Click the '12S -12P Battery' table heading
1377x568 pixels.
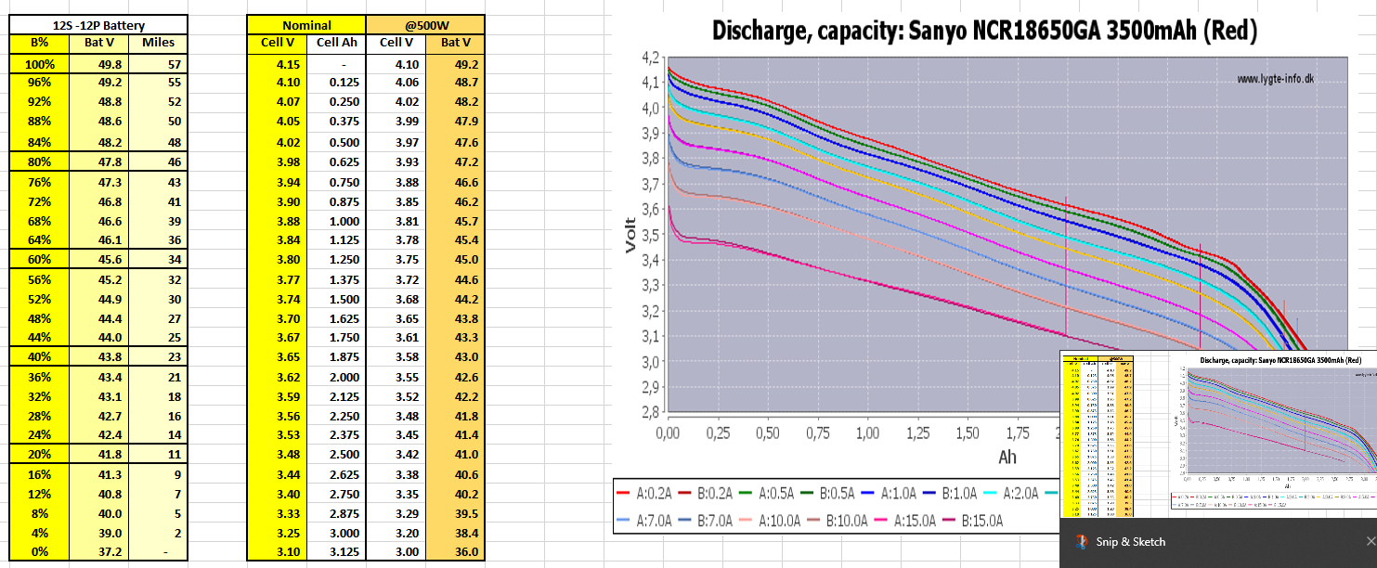[x=98, y=26]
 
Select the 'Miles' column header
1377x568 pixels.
[x=158, y=43]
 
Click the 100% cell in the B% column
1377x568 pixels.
[x=40, y=65]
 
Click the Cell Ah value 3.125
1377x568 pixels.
[x=335, y=552]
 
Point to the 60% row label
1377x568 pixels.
[x=40, y=260]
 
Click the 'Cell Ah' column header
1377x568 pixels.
[x=336, y=43]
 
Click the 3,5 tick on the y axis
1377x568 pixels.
[x=650, y=235]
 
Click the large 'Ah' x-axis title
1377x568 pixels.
[x=1007, y=457]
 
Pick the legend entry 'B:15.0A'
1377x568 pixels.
[x=981, y=521]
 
